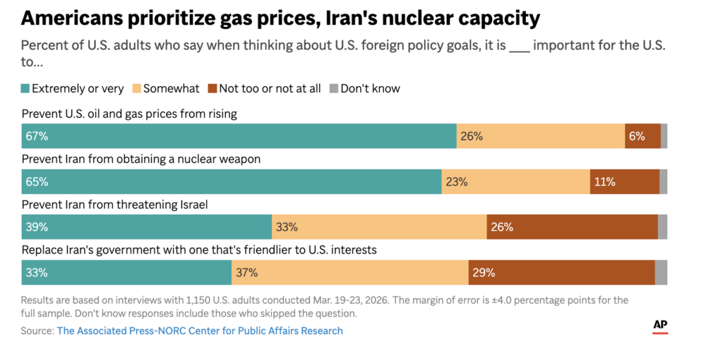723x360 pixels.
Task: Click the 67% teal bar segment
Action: [239, 136]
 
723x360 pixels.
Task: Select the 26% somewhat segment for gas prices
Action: [540, 136]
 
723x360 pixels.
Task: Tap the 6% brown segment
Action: [643, 136]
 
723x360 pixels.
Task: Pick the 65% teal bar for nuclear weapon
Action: [232, 181]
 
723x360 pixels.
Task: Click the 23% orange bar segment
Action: [515, 181]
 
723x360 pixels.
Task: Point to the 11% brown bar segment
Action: [624, 181]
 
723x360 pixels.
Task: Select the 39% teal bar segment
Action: [147, 227]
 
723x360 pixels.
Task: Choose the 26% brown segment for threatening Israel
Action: [572, 227]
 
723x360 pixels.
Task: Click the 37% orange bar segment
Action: [349, 272]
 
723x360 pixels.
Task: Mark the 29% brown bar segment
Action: [561, 272]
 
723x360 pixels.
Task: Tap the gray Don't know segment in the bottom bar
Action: [661, 272]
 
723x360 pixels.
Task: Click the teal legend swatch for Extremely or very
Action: [26, 89]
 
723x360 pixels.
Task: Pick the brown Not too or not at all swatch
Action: [212, 89]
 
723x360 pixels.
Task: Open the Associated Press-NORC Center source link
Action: [200, 330]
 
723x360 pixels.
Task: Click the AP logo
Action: [660, 325]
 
